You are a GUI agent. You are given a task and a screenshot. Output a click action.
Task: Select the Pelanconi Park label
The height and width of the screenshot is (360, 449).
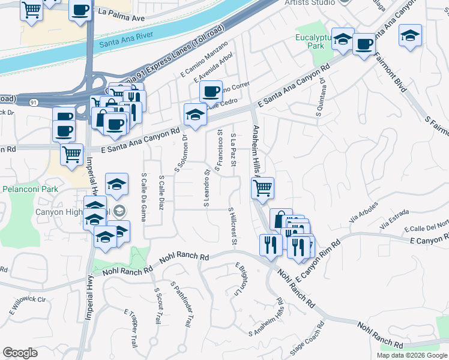click(29, 189)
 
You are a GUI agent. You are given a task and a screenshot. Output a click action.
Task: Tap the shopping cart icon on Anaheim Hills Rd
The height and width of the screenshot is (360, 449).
click(262, 188)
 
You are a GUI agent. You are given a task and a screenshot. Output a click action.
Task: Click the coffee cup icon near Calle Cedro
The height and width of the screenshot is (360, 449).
click(211, 92)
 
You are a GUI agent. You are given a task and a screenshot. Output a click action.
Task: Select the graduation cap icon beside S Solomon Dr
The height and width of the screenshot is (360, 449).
click(195, 114)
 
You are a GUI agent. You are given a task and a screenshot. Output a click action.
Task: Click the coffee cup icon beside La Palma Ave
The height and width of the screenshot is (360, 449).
click(80, 10)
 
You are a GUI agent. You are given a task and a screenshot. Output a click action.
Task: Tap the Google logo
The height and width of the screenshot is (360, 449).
click(20, 353)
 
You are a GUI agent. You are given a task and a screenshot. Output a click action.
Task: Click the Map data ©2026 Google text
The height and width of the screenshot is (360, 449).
click(411, 355)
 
